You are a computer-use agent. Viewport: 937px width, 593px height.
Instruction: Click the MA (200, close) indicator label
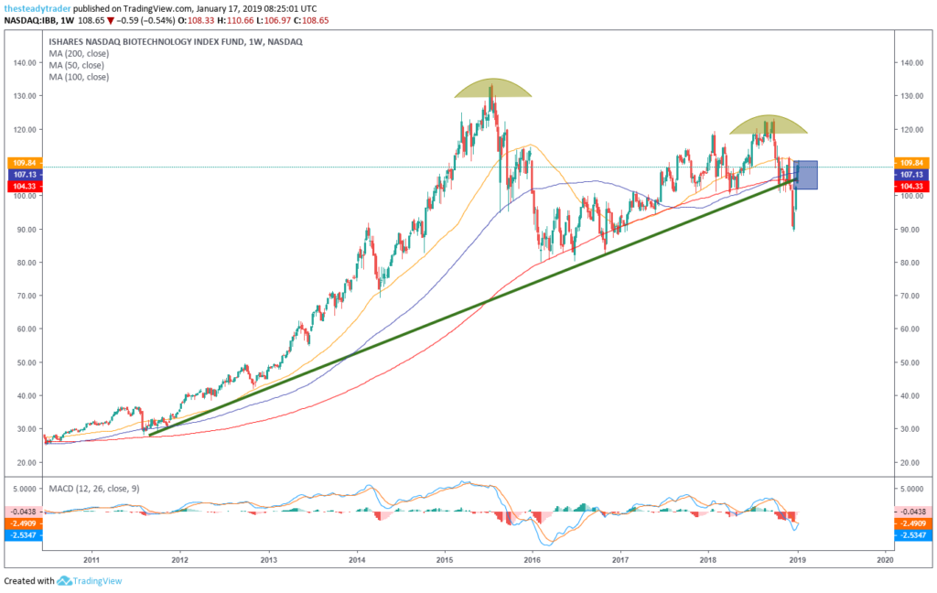click(78, 53)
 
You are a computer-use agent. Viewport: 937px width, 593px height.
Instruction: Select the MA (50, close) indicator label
click(76, 65)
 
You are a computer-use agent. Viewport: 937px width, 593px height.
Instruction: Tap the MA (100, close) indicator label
click(78, 77)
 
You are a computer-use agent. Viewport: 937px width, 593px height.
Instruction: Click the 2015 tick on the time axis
click(445, 557)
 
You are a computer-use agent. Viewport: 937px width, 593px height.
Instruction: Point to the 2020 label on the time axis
click(884, 557)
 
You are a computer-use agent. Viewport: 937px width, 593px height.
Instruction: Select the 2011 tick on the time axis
click(92, 557)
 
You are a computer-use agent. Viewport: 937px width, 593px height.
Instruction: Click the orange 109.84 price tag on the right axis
click(916, 163)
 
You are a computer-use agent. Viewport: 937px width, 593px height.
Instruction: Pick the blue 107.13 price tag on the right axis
click(916, 174)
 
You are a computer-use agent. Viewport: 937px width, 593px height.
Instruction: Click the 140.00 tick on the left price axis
click(23, 63)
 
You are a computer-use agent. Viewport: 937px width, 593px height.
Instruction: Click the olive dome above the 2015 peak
click(492, 89)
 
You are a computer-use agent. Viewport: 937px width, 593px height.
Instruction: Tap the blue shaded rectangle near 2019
click(806, 175)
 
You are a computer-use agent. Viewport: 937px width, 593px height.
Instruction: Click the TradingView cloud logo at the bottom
click(64, 581)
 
